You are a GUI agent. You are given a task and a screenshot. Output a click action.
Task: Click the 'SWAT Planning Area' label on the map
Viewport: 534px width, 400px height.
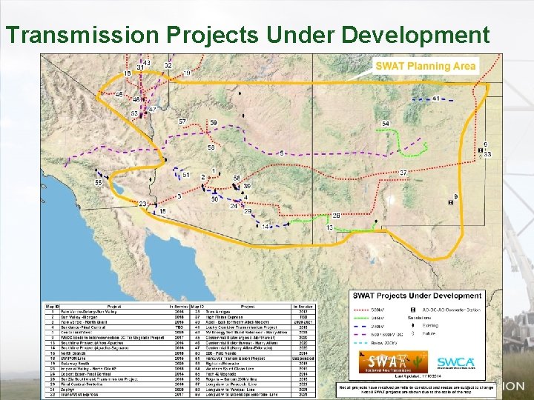[x=425, y=66]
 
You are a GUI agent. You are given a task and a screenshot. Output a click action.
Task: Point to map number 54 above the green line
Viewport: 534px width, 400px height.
[x=386, y=124]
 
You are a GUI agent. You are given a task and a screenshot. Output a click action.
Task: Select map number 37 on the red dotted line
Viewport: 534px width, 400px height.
[x=403, y=173]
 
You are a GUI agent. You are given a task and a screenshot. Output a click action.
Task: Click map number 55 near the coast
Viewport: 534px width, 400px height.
[x=99, y=182]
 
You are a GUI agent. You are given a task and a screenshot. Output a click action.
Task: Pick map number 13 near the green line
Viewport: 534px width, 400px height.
[x=330, y=227]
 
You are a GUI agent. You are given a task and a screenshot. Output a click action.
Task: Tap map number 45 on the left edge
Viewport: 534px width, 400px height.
[x=119, y=94]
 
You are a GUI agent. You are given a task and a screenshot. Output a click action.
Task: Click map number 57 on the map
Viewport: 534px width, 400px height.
[x=182, y=121]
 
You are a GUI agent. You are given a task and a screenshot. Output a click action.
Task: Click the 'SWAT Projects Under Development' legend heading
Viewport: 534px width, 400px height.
[x=416, y=296]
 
